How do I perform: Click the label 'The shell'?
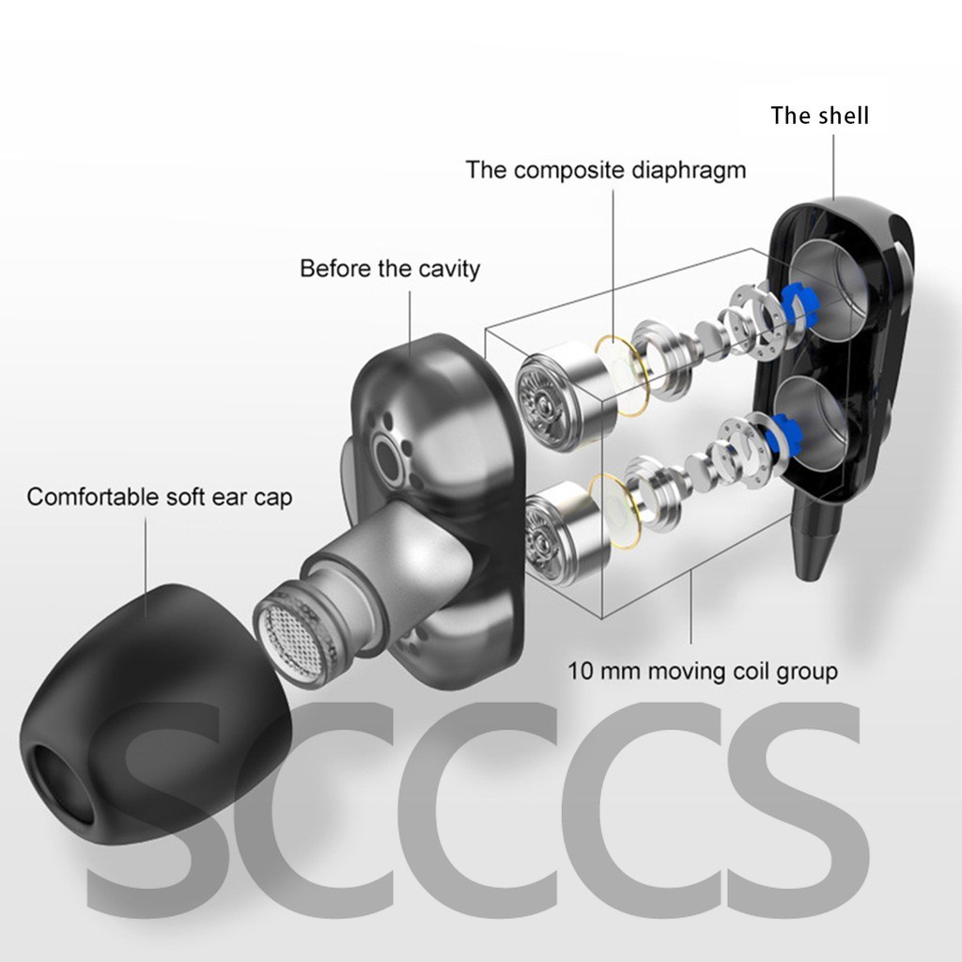click(819, 116)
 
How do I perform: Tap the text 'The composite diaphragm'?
click(606, 170)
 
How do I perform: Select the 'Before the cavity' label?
click(389, 269)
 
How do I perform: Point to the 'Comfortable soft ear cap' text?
click(159, 496)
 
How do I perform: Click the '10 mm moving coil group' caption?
click(702, 671)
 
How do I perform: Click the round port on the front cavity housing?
click(387, 455)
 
